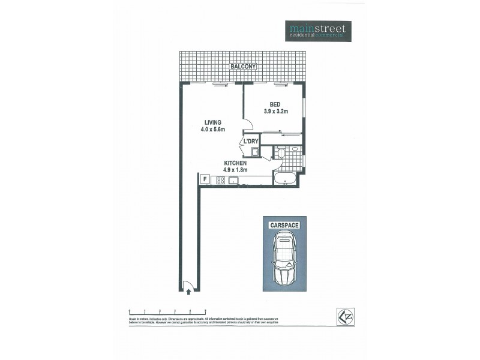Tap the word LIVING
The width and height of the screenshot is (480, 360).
(x=213, y=122)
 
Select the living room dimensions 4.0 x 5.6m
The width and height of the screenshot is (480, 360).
(x=213, y=129)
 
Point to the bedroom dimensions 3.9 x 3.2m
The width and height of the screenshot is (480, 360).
(x=276, y=111)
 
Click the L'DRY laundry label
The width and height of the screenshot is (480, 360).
(x=251, y=142)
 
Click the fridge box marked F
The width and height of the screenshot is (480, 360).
(x=205, y=179)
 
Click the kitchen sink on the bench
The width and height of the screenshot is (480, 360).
(x=231, y=180)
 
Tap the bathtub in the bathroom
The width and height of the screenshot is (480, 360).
(x=285, y=178)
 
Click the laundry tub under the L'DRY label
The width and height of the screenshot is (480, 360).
(x=255, y=152)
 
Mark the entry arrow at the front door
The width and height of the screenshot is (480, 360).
(x=190, y=293)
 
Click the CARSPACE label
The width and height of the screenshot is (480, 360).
(x=284, y=224)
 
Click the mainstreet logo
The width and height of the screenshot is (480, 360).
(x=317, y=31)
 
